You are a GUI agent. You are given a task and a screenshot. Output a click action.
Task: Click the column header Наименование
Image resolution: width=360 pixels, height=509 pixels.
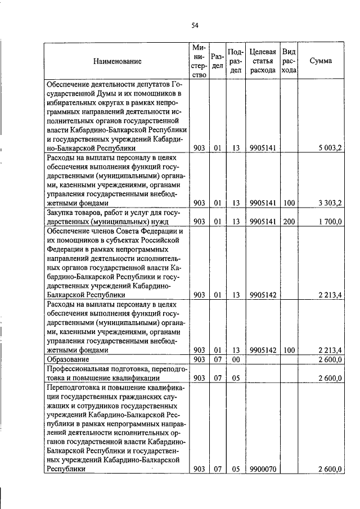tap(118, 61)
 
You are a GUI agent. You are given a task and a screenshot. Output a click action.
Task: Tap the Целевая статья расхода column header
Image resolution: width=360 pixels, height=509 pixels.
tap(262, 61)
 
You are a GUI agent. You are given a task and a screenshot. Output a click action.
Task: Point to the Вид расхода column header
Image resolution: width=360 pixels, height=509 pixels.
tap(289, 61)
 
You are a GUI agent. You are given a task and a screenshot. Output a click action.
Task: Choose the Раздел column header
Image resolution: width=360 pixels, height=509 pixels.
tap(217, 61)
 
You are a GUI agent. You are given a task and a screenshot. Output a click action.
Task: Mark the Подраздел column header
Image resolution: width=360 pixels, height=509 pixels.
tap(236, 61)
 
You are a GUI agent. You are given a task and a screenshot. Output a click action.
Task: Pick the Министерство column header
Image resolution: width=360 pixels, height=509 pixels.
tap(198, 61)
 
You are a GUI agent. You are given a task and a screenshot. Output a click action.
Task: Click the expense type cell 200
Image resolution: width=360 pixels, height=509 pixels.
tap(289, 222)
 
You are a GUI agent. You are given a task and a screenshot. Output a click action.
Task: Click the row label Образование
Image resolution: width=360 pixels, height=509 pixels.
tap(66, 359)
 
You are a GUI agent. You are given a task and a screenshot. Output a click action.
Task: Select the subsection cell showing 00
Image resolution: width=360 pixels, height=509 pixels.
tap(236, 359)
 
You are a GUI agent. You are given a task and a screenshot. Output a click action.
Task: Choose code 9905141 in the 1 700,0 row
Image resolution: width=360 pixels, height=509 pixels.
tap(262, 222)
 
